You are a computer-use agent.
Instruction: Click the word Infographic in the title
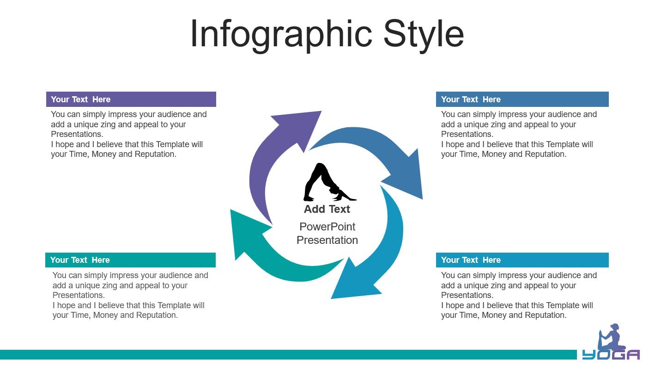[281, 35]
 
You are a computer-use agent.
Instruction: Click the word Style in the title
[424, 35]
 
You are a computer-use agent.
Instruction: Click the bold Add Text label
[327, 209]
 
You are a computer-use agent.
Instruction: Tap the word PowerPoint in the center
[327, 227]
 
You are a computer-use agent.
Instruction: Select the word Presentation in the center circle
[327, 240]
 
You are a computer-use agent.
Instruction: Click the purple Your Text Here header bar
[131, 99]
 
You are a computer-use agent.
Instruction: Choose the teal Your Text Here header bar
[130, 260]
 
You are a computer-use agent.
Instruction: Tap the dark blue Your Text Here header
[522, 99]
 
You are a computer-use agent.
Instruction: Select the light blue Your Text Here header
[522, 260]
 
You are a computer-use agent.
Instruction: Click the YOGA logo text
[611, 355]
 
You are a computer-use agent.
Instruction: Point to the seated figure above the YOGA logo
[611, 337]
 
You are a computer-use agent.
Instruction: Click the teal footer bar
[288, 355]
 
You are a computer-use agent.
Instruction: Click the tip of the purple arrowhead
[321, 111]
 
